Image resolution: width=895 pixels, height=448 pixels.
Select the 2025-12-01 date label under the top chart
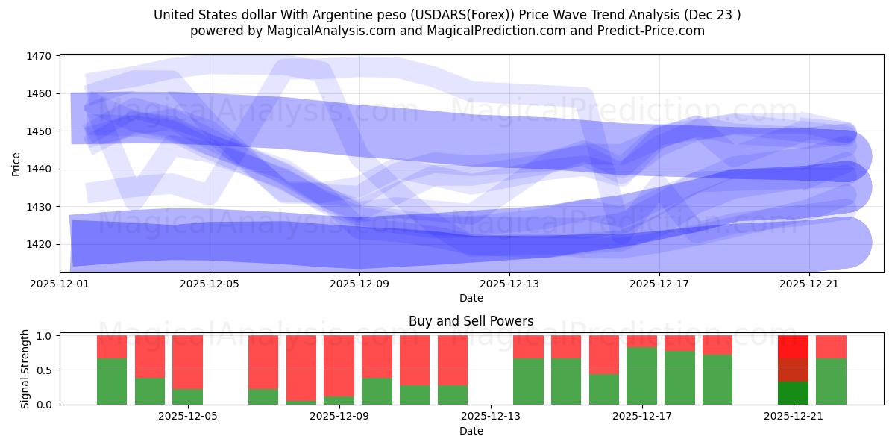point(60,284)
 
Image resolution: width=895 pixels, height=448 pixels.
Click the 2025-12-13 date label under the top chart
point(509,284)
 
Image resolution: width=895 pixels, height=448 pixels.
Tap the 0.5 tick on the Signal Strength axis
point(44,370)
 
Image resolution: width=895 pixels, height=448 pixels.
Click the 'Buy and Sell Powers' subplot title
point(471,322)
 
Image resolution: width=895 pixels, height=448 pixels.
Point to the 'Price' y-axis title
point(16,164)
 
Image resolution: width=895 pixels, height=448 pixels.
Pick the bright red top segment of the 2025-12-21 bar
point(793,346)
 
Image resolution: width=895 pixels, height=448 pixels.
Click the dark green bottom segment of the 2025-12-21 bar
point(793,393)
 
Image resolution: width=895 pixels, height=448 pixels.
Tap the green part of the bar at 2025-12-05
point(187,396)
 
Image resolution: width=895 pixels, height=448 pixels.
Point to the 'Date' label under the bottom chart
point(471,431)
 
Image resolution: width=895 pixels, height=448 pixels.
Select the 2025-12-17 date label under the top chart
point(659,284)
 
